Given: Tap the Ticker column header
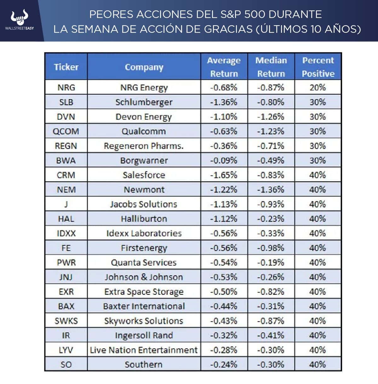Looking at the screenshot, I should tap(66, 67).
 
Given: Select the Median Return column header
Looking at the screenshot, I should tap(271, 67).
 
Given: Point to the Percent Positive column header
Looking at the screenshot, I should tap(318, 67).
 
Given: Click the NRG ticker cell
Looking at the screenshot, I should tap(66, 87).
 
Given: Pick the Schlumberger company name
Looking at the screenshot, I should tap(144, 102).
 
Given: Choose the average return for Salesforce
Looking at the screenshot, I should tap(224, 175).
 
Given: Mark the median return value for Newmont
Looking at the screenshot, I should tap(271, 189).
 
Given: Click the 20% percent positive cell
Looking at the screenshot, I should tap(318, 87).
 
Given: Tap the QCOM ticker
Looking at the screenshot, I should tap(66, 131).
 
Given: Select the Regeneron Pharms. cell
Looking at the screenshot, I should tap(144, 146).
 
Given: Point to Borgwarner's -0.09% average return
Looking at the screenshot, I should tap(224, 160).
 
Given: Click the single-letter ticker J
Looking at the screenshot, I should tap(66, 204).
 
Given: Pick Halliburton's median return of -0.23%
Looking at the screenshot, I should tap(271, 219).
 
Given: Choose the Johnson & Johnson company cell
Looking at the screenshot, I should tap(144, 277).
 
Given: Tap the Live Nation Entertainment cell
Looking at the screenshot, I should tap(144, 350).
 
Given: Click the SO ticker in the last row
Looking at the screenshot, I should tap(66, 364).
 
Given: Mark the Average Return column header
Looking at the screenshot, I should tap(224, 67).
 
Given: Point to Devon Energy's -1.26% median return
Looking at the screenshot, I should tap(271, 117).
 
